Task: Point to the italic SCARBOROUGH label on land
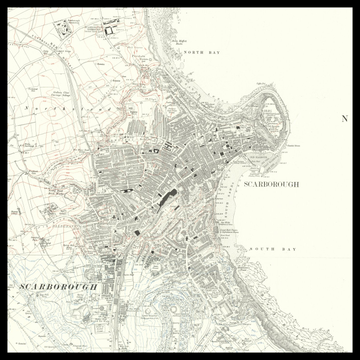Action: (x=58, y=287)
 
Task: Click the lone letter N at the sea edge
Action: (x=345, y=118)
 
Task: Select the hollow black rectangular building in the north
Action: (x=109, y=31)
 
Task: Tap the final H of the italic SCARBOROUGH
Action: (x=94, y=287)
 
